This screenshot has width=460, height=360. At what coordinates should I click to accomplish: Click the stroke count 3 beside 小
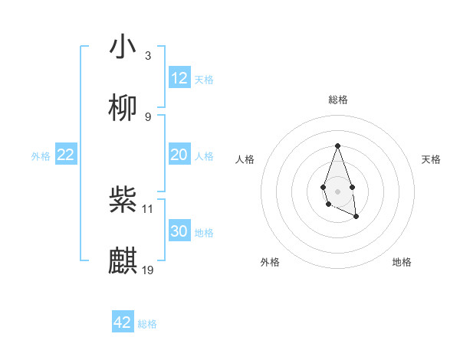pos(148,55)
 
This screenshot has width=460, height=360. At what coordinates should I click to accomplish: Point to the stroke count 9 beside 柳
pos(148,116)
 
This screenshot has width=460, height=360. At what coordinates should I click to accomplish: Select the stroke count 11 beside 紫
pos(149,208)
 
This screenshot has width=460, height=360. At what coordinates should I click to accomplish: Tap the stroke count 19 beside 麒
pos(149,270)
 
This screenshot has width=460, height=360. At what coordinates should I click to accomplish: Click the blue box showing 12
pos(179,78)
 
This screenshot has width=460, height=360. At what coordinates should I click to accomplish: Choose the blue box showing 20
pos(179,155)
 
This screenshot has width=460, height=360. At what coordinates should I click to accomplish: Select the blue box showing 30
pos(179,231)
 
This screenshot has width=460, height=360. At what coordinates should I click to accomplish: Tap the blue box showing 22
pos(66,155)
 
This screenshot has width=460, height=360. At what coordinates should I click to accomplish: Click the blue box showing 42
pos(123,322)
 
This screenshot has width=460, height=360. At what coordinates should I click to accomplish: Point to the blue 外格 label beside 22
pos(41,155)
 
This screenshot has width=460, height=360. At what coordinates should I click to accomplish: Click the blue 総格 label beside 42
pos(147,323)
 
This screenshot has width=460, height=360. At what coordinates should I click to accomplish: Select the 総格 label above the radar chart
pos(337,100)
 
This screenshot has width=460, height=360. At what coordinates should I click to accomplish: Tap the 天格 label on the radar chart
pos(432,159)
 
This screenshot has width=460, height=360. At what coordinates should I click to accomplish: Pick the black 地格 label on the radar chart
pos(402,262)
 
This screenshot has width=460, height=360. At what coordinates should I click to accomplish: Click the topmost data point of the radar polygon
pos(337,146)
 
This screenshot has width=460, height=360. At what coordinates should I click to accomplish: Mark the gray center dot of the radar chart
pos(337,190)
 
